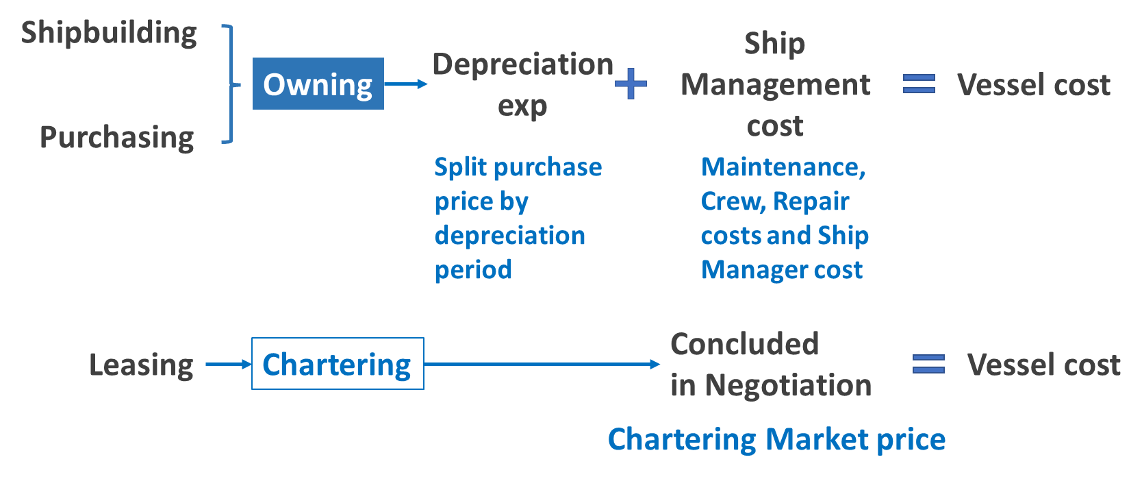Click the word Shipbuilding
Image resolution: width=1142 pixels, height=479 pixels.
[109, 34]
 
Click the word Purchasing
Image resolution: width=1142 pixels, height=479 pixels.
[117, 138]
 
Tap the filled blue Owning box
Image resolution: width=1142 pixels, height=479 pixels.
[318, 84]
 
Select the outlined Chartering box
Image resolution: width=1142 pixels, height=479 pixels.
[338, 364]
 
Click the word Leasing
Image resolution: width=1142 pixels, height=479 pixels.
[141, 365]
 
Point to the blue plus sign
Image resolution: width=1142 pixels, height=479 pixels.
[631, 84]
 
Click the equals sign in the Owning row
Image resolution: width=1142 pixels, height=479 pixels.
[919, 84]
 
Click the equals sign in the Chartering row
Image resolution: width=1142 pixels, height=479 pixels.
[928, 364]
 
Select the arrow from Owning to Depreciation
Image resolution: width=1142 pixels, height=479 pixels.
[406, 84]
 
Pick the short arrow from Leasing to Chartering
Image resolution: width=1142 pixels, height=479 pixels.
[229, 364]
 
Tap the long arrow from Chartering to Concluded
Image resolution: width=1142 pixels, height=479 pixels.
[542, 364]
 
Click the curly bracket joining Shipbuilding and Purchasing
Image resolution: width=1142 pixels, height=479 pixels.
[231, 84]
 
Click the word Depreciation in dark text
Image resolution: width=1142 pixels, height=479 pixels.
[522, 64]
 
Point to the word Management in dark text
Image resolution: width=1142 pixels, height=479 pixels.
[775, 85]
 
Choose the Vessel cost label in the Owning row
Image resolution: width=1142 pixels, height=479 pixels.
[1033, 85]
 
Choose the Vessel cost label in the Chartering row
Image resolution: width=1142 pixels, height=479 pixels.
[1043, 365]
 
